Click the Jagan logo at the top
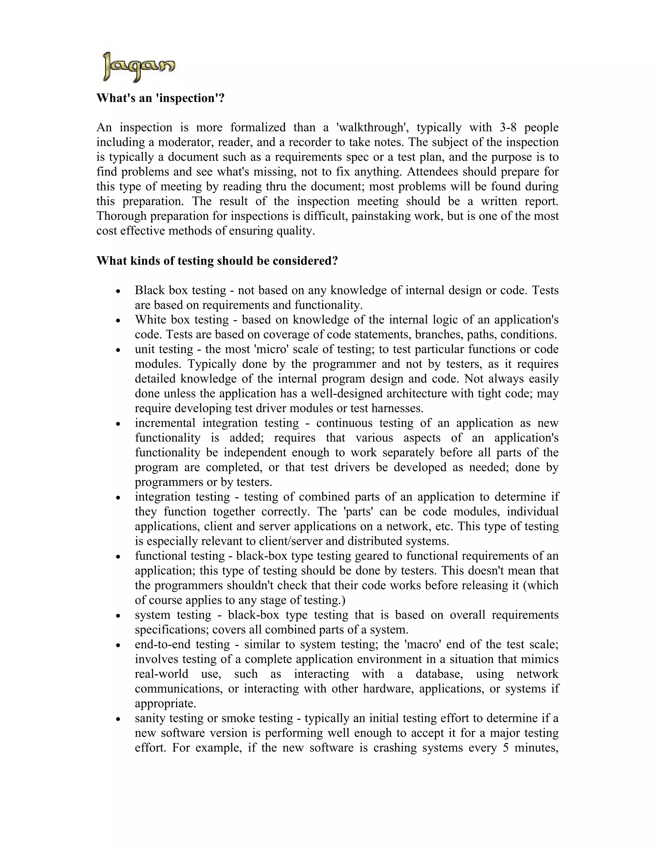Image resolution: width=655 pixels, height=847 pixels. [138, 67]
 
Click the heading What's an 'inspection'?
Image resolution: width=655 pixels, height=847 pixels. [160, 98]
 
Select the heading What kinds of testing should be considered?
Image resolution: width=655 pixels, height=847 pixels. [217, 260]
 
